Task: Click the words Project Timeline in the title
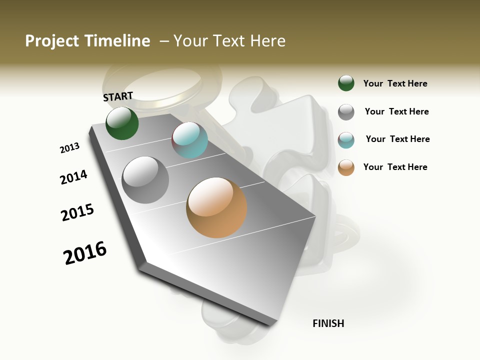(x=87, y=41)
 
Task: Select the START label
(x=118, y=96)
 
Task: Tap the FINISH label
(x=328, y=323)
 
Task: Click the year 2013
(x=69, y=148)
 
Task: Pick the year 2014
(x=73, y=177)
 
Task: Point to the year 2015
(x=77, y=212)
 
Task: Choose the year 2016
(x=85, y=253)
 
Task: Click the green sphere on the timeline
(x=122, y=123)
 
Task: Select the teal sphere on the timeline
(x=190, y=140)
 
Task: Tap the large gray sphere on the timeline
(x=145, y=179)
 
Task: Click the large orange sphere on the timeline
(x=216, y=207)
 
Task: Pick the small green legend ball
(x=346, y=83)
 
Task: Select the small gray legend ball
(x=346, y=111)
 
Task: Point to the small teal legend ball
(x=346, y=140)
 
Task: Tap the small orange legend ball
(x=346, y=167)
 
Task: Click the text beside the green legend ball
(x=395, y=83)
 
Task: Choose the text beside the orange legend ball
(x=395, y=167)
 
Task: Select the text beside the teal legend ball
(x=397, y=139)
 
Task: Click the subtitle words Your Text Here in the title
(x=229, y=41)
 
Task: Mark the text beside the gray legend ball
(x=396, y=111)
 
